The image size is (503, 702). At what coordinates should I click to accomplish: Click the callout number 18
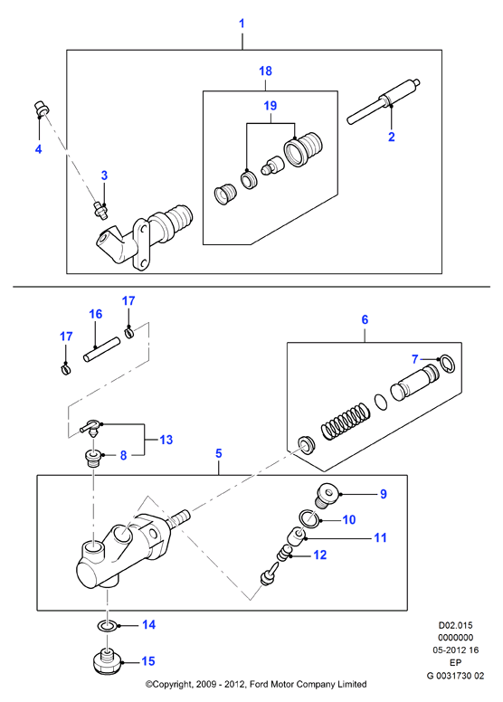(266, 71)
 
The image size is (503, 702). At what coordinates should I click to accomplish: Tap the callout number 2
(392, 137)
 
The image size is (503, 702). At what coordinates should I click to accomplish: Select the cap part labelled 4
(42, 109)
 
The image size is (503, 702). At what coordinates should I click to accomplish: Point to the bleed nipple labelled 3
(100, 210)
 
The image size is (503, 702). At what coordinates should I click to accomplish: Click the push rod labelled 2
(384, 100)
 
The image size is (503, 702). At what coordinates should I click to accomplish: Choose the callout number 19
(270, 106)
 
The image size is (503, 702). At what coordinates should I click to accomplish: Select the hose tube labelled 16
(101, 348)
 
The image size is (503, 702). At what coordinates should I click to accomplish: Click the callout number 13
(166, 440)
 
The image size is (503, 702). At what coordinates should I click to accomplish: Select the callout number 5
(219, 453)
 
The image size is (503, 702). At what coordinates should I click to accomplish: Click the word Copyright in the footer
(171, 684)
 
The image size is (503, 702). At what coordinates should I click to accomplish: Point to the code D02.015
(456, 625)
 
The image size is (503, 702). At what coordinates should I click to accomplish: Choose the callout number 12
(320, 555)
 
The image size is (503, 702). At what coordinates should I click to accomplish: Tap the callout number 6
(365, 319)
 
